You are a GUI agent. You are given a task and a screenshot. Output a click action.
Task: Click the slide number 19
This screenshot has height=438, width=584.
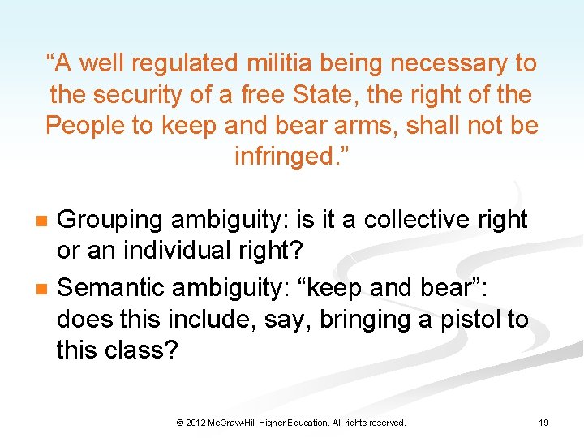tap(544, 423)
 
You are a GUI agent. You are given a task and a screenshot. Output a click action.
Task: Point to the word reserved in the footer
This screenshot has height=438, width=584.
tap(385, 423)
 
